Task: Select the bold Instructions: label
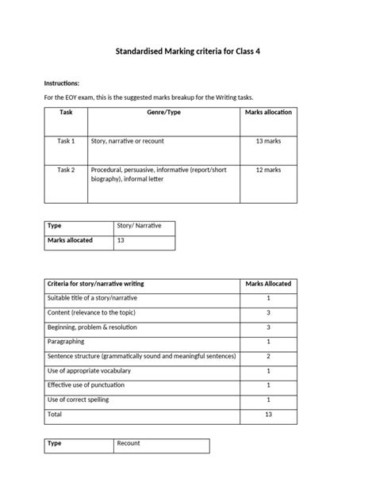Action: click(61, 82)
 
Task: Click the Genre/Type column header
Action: click(163, 113)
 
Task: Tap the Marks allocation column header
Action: click(268, 113)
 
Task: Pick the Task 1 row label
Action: click(66, 140)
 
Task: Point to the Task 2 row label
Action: click(66, 170)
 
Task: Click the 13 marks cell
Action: click(268, 140)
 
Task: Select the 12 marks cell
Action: click(268, 170)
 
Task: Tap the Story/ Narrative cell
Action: click(139, 226)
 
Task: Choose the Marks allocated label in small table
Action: click(70, 240)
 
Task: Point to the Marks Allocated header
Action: click(268, 283)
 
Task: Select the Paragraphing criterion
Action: click(67, 342)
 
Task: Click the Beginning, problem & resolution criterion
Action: click(92, 327)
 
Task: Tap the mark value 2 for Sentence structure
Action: click(268, 356)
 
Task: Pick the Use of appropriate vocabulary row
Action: click(89, 370)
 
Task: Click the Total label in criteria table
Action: click(55, 414)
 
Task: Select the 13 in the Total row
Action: click(268, 414)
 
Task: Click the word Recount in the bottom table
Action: click(129, 443)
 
